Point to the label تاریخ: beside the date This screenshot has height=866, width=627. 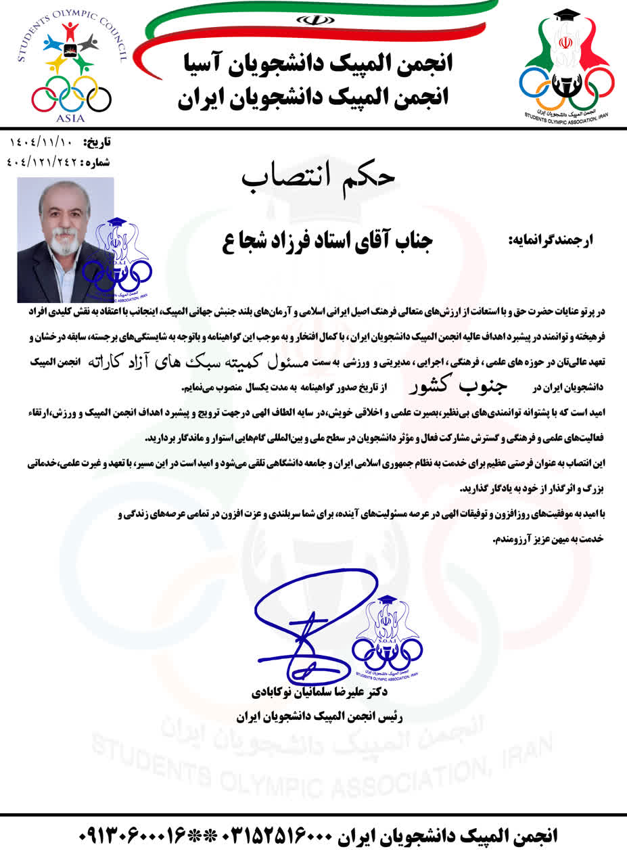pyautogui.click(x=97, y=143)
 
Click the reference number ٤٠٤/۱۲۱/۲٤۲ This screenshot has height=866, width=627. pyautogui.click(x=42, y=162)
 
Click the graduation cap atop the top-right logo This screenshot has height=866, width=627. pyautogui.click(x=566, y=16)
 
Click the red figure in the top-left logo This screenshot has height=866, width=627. pyautogui.click(x=70, y=32)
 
